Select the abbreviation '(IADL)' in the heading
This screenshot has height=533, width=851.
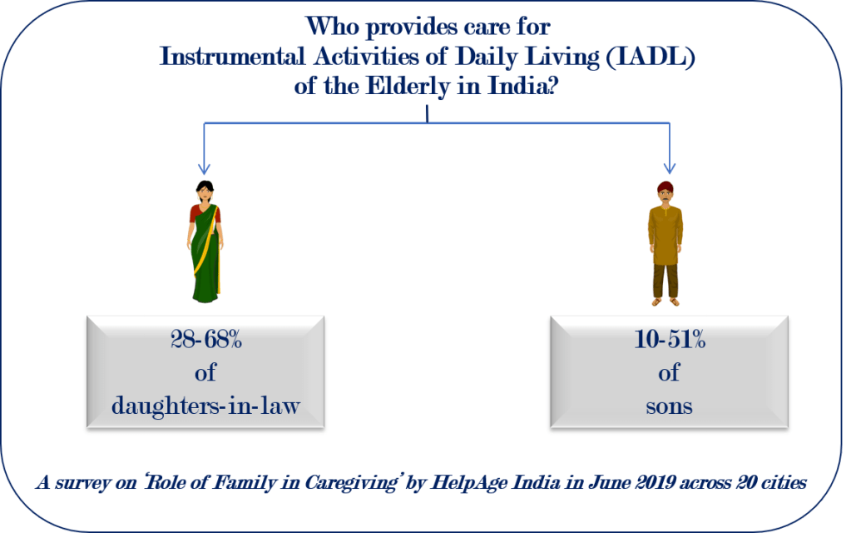click(650, 57)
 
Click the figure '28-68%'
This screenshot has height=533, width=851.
click(205, 340)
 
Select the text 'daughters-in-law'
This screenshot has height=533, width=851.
click(205, 406)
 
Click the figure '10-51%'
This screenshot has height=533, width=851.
click(670, 340)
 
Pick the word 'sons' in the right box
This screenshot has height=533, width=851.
click(669, 406)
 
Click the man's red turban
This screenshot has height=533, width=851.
click(665, 187)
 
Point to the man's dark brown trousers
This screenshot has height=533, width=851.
click(665, 281)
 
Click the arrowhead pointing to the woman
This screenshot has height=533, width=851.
click(204, 168)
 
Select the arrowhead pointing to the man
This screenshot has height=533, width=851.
click(670, 168)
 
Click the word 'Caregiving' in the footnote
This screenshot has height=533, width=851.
click(350, 482)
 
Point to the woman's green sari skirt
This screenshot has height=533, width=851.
click(205, 266)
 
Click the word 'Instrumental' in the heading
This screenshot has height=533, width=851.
click(232, 57)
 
